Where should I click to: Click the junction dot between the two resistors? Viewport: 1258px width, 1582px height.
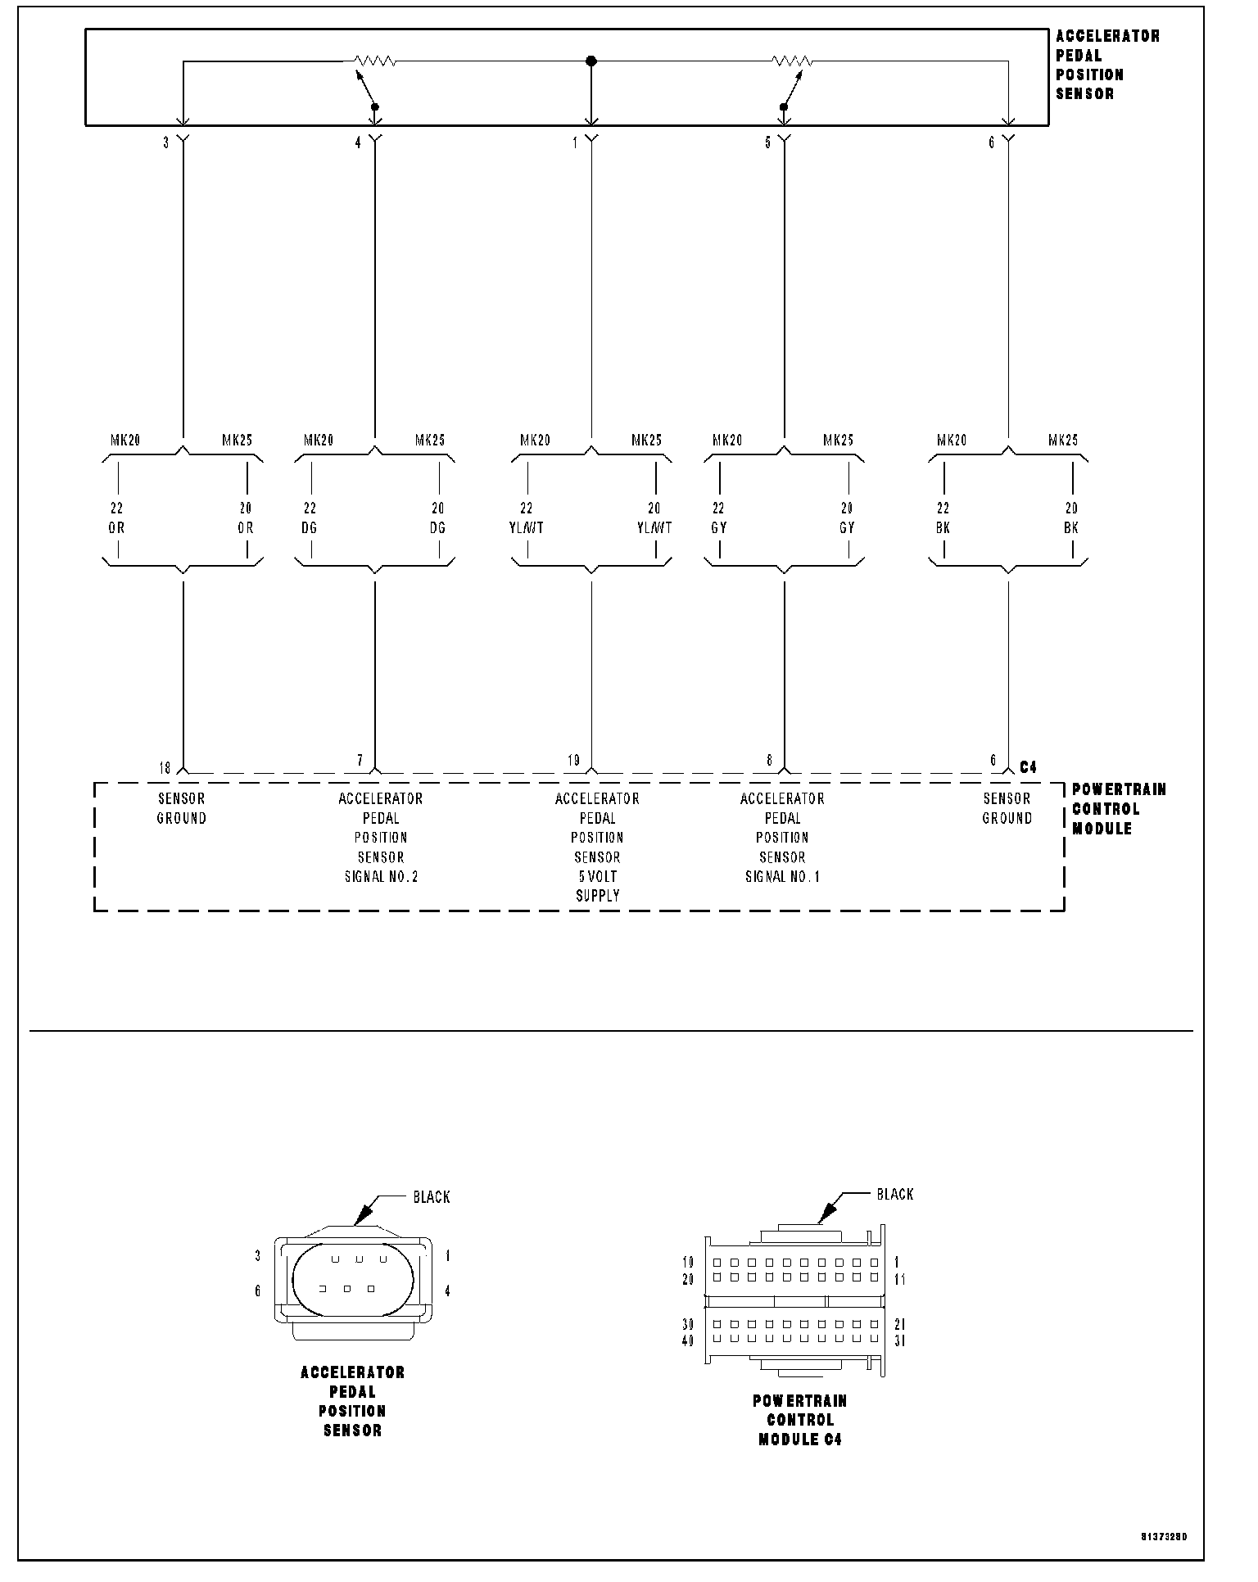tap(591, 61)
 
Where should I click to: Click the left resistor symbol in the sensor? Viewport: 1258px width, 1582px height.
tap(375, 61)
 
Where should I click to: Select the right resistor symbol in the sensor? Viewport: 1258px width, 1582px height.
tap(792, 61)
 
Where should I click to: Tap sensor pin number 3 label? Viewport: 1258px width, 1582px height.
tap(166, 142)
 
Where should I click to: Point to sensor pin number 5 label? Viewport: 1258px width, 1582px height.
tap(768, 142)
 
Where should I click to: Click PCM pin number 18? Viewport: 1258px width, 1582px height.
tap(165, 767)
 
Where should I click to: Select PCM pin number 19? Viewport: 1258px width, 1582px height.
tap(573, 761)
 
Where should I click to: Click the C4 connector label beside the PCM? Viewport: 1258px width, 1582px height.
tap(1028, 767)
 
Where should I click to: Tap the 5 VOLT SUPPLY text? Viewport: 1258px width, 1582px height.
tap(598, 886)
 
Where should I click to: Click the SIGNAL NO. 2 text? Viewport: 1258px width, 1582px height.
tap(381, 876)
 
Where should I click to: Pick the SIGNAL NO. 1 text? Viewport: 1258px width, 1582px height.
tap(782, 876)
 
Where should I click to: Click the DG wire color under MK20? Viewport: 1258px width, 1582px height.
tap(309, 527)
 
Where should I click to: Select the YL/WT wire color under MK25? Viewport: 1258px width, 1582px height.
tap(654, 527)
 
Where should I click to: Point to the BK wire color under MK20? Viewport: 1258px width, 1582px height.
tap(943, 527)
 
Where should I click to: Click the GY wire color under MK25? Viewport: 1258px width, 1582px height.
tap(847, 527)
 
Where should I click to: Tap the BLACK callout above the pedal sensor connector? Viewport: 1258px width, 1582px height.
tap(432, 1197)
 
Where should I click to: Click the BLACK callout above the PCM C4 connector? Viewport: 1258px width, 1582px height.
tap(895, 1194)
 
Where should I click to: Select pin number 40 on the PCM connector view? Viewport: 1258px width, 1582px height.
tap(688, 1340)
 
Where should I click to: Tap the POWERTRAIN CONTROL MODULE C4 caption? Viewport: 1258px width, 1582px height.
tap(800, 1420)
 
